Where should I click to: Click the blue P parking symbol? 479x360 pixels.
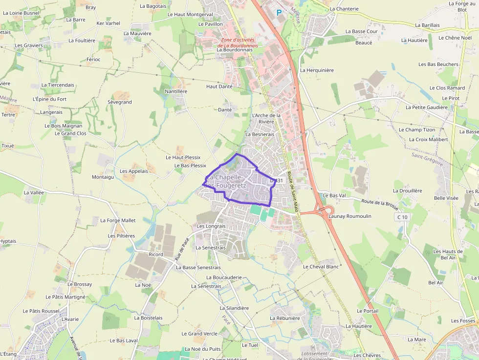tap(279, 13)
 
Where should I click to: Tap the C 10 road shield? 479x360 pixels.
tap(402, 217)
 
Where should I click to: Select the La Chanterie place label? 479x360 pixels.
tap(344, 9)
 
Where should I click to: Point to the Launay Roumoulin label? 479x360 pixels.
tap(350, 216)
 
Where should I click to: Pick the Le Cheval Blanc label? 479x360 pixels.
tap(321, 267)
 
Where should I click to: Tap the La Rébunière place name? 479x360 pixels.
tap(284, 318)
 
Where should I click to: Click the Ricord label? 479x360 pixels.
tap(156, 254)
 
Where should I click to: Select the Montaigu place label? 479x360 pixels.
tap(103, 177)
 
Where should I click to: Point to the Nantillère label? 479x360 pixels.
tap(176, 91)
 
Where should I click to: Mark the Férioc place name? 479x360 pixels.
tap(93, 60)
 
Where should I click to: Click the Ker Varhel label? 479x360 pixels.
tap(109, 23)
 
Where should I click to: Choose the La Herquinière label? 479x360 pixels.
tap(317, 70)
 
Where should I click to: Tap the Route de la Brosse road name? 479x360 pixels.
tap(380, 202)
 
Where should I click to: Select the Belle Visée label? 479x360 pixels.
tap(446, 198)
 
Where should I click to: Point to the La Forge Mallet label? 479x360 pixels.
tap(118, 220)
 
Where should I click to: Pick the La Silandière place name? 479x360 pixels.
tap(234, 308)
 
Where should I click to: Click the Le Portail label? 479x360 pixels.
tap(368, 311)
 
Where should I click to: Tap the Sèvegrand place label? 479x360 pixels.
tap(120, 102)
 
